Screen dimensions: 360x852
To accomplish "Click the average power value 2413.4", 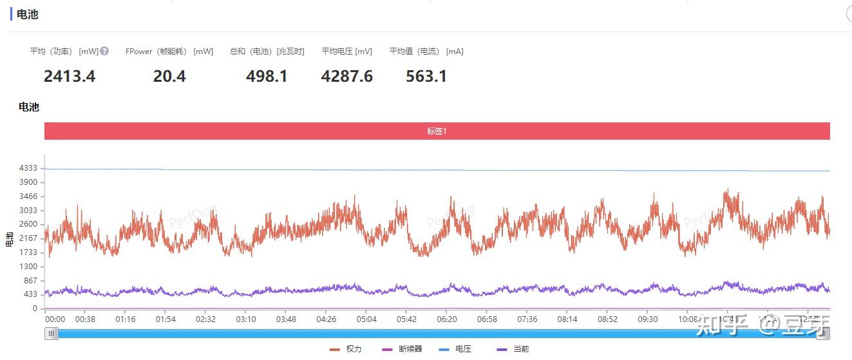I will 70,77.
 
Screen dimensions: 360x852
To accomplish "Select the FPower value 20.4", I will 169,77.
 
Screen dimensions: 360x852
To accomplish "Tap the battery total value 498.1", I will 267,77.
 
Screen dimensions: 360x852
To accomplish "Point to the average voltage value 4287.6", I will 346,77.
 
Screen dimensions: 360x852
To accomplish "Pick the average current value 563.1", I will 426,77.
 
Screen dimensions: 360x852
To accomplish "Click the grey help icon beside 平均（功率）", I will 104,51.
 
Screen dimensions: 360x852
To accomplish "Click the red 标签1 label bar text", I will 437,131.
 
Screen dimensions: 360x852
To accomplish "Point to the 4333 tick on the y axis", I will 29,169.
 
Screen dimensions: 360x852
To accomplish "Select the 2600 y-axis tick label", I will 29,225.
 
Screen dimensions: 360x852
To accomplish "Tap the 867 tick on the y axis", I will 31,281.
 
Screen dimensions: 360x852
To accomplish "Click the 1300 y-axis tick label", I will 29,267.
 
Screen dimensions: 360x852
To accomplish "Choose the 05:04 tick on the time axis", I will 366,319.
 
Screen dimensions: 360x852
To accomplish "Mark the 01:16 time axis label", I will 126,319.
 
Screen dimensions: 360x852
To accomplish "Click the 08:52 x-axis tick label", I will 607,319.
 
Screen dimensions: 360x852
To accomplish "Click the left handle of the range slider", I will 51,334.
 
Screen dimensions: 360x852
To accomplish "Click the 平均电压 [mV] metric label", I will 347,52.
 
